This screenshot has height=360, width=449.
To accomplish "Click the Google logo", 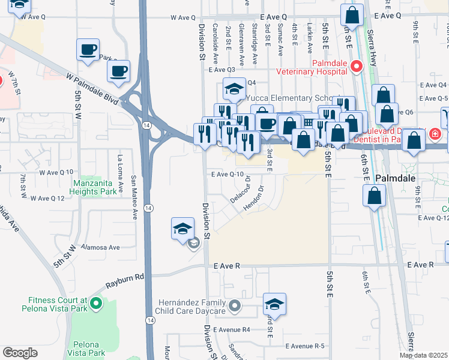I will pos(20,353).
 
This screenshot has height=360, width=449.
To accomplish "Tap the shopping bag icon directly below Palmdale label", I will pos(375,196).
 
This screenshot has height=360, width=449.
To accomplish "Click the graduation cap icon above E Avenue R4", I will pos(274,304).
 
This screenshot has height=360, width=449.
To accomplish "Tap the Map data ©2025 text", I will pos(423,355).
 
